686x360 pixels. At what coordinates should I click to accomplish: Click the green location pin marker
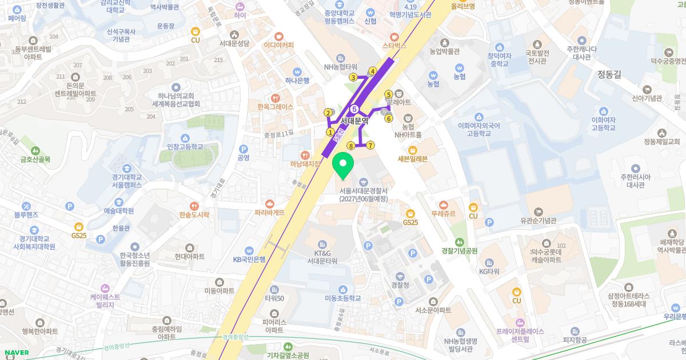[343, 165]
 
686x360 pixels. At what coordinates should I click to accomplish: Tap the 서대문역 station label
[354, 121]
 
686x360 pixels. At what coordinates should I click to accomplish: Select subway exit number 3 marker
[353, 78]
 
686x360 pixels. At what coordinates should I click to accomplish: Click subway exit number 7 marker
[370, 145]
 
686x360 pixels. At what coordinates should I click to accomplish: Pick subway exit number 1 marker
[330, 132]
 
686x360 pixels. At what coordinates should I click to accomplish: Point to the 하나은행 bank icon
[297, 71]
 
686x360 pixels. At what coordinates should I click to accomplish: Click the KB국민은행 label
[249, 259]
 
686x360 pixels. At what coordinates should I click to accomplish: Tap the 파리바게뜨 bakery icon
[270, 203]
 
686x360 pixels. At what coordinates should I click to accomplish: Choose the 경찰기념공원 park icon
[459, 242]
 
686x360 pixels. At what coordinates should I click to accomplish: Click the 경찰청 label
[400, 285]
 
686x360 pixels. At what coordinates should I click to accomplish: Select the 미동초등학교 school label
[343, 298]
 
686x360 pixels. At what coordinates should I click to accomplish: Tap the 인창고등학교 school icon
[185, 138]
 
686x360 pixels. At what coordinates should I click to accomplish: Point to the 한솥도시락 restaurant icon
[195, 206]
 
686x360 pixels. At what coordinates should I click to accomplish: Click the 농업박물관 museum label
[445, 51]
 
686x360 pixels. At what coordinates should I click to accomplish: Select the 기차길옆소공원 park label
[289, 355]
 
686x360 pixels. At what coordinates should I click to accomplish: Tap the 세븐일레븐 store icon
[412, 150]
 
